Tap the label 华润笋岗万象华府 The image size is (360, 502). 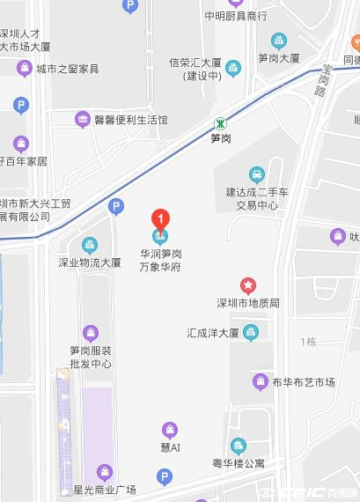pyautogui.click(x=160, y=260)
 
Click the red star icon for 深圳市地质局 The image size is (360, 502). pyautogui.click(x=249, y=284)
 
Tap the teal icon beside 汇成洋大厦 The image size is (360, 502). pyautogui.click(x=252, y=332)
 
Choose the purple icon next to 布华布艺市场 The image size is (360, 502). pyautogui.click(x=260, y=381)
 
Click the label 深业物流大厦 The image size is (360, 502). pyautogui.click(x=90, y=262)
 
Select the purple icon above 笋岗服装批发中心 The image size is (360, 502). pyautogui.click(x=90, y=332)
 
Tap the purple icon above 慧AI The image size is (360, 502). pyautogui.click(x=169, y=430)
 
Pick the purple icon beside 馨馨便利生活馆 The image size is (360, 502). pyautogui.click(x=83, y=119)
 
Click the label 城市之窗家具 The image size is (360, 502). pyautogui.click(x=68, y=69)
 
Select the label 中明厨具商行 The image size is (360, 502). pyautogui.click(x=235, y=16)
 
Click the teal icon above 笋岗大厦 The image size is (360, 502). pyautogui.click(x=279, y=41)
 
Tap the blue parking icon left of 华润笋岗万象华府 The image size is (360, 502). pyautogui.click(x=114, y=207)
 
